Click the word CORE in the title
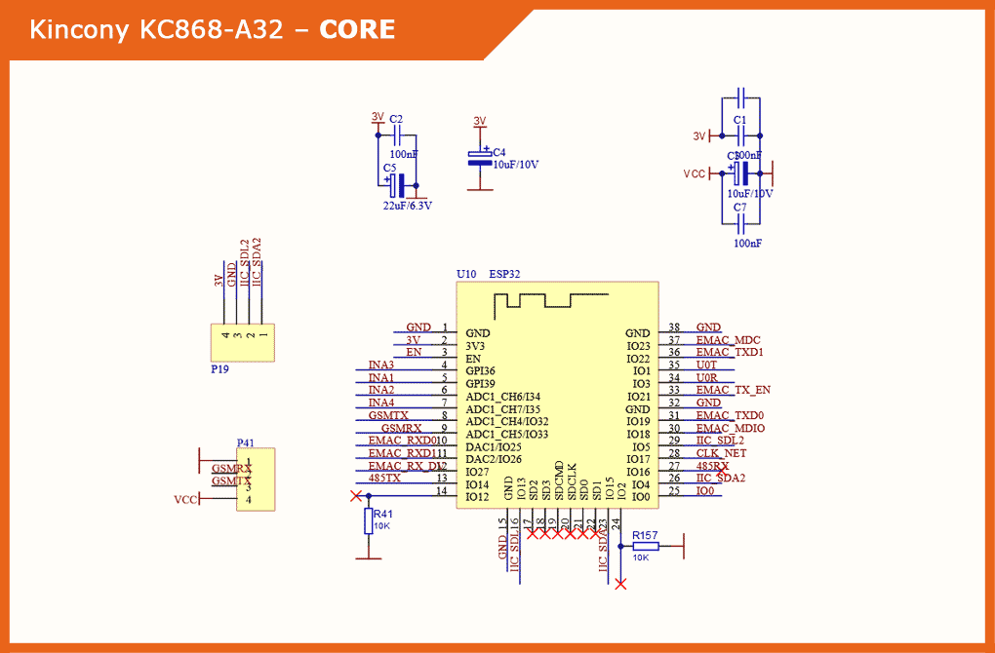(x=357, y=30)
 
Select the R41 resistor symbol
(x=369, y=521)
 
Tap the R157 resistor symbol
(x=645, y=546)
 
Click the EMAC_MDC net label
(x=728, y=340)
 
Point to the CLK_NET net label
(x=720, y=453)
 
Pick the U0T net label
(x=706, y=365)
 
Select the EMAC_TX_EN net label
(x=733, y=390)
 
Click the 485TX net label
(x=384, y=479)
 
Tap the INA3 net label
(x=381, y=365)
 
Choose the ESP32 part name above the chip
(x=504, y=274)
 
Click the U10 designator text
(x=466, y=274)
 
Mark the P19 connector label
(x=220, y=370)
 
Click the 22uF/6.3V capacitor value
(x=407, y=206)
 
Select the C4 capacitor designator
(x=498, y=153)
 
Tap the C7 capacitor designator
(x=739, y=208)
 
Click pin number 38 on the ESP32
(x=674, y=327)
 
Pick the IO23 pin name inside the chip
(x=638, y=346)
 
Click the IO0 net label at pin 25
(x=704, y=490)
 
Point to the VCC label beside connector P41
(x=185, y=500)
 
